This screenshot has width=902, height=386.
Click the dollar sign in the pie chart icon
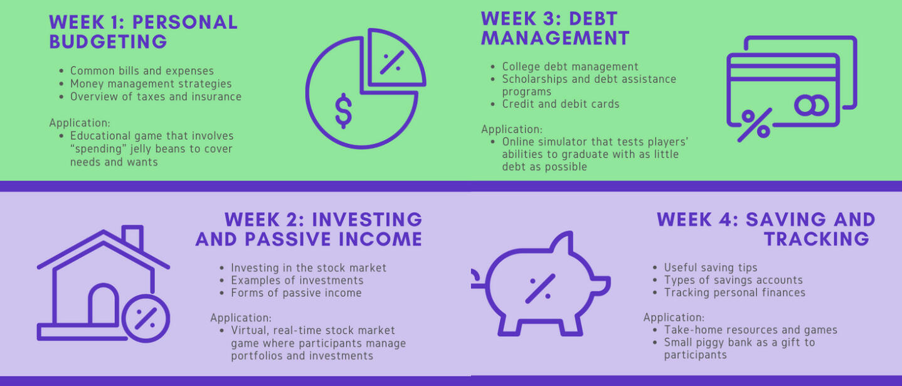(x=344, y=111)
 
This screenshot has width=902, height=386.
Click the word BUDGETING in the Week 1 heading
(x=108, y=42)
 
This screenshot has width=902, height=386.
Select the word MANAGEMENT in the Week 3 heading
(x=555, y=38)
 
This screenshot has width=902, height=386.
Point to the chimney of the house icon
(x=132, y=238)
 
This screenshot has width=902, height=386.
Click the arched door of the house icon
(x=103, y=304)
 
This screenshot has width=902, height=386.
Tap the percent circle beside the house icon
(x=146, y=318)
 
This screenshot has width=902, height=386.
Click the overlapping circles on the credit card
(x=812, y=105)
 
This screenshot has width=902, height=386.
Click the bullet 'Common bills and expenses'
(x=142, y=71)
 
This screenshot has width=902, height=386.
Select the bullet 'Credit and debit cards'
(x=561, y=104)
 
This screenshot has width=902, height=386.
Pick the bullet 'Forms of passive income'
(x=296, y=293)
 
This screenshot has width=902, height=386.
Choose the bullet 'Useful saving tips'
(x=710, y=267)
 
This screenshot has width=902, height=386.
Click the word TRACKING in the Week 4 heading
(x=817, y=239)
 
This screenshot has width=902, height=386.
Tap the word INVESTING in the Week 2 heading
(x=367, y=220)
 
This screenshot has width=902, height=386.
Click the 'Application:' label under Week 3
(x=512, y=129)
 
